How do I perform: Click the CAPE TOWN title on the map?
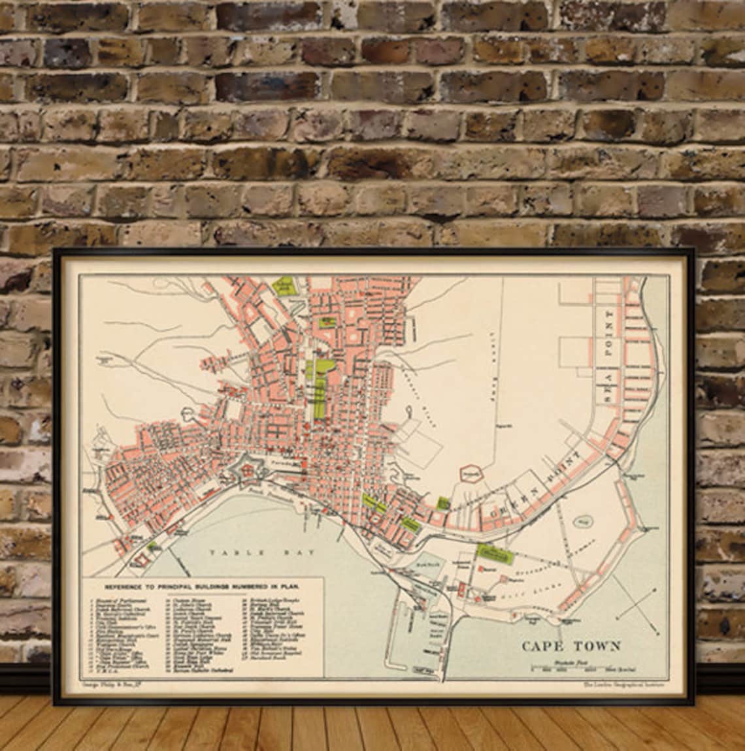point(571,647)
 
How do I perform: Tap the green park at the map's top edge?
point(284,286)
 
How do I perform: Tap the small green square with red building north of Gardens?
point(325,321)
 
